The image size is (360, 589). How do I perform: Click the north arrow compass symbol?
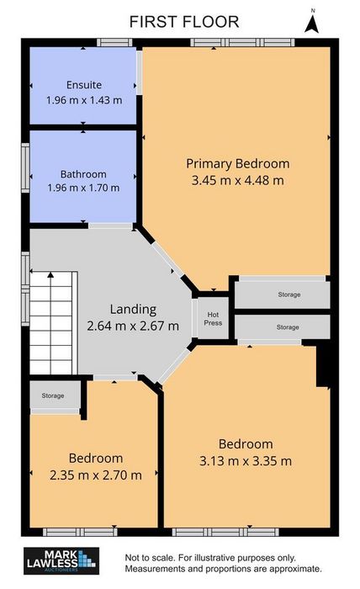pyautogui.click(x=311, y=23)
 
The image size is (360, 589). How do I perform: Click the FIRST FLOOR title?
pyautogui.click(x=184, y=22)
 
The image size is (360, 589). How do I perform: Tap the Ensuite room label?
pyautogui.click(x=84, y=85)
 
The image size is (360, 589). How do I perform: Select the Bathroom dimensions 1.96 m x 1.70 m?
pyautogui.click(x=83, y=188)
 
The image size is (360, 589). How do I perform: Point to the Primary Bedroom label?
pyautogui.click(x=238, y=164)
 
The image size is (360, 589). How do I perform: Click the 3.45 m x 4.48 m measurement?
pyautogui.click(x=238, y=180)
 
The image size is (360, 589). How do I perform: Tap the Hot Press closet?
pyautogui.click(x=213, y=319)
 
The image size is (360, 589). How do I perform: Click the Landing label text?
pyautogui.click(x=133, y=310)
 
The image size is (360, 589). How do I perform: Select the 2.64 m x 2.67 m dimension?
pyautogui.click(x=133, y=326)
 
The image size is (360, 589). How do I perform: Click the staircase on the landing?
pyautogui.click(x=53, y=323)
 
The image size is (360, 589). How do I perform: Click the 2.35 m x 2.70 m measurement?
pyautogui.click(x=96, y=475)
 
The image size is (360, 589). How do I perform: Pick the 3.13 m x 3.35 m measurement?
pyautogui.click(x=246, y=461)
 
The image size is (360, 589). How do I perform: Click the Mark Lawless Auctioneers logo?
pyautogui.click(x=61, y=561)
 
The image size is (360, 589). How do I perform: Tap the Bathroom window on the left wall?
pyautogui.click(x=25, y=168)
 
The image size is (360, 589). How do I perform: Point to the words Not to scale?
pyautogui.click(x=151, y=558)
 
